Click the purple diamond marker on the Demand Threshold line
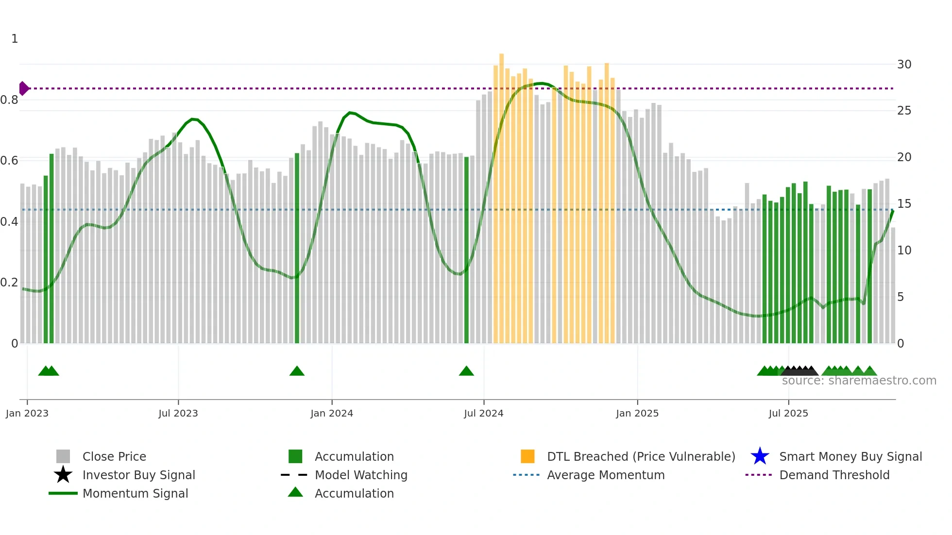[23, 88]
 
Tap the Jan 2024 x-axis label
[332, 413]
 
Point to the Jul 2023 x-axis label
[178, 413]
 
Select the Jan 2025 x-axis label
[637, 413]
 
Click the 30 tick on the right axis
[904, 65]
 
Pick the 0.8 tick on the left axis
[9, 100]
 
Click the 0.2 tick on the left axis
[9, 283]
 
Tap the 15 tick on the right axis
[904, 204]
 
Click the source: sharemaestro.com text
[859, 381]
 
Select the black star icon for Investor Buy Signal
[63, 475]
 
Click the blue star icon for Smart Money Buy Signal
[760, 456]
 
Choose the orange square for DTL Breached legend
[527, 456]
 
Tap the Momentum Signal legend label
[135, 493]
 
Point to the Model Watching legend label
[361, 475]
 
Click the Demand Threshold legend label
[834, 475]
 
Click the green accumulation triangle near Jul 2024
[466, 371]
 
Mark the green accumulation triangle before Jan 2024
[297, 371]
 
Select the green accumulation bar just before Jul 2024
[466, 250]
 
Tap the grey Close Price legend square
[63, 456]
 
